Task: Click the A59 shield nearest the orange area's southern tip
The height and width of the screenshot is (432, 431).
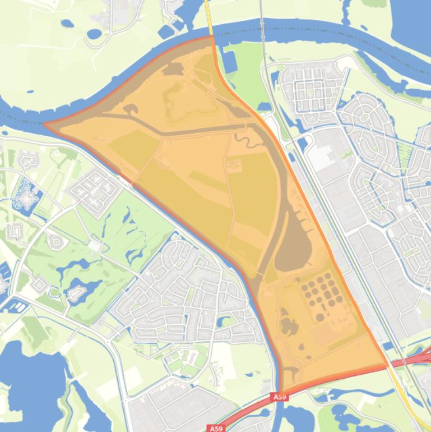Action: click(x=280, y=397)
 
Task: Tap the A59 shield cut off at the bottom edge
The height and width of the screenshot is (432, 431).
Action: click(x=216, y=428)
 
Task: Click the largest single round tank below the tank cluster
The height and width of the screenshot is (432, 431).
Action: click(x=320, y=318)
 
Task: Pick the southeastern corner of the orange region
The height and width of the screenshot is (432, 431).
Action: click(x=387, y=365)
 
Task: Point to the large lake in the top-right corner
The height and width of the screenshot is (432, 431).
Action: click(x=412, y=22)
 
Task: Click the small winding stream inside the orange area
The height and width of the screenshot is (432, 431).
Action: click(x=244, y=137)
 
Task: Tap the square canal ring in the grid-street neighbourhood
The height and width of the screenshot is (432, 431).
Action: click(x=310, y=90)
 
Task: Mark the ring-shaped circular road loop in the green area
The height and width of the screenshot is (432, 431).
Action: click(x=56, y=242)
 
